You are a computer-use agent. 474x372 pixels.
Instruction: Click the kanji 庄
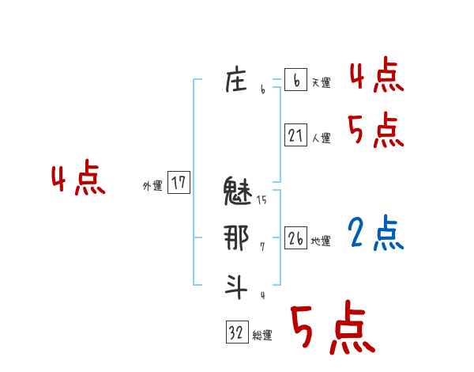(236, 81)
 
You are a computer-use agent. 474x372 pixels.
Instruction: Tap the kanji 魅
(238, 192)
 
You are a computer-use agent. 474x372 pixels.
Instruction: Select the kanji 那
(237, 237)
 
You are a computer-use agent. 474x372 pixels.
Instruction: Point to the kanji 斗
(236, 285)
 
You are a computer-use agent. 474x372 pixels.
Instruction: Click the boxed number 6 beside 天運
(295, 80)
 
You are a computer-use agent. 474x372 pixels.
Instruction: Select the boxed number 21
(295, 135)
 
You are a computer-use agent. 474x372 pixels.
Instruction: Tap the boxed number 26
(295, 238)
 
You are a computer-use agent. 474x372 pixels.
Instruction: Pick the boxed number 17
(179, 184)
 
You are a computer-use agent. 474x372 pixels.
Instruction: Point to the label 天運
(321, 82)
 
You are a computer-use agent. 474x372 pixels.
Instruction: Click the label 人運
(321, 138)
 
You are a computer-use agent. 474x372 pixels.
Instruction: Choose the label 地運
(321, 241)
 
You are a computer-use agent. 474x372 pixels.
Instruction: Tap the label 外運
(152, 186)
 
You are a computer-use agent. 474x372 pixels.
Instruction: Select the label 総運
(262, 336)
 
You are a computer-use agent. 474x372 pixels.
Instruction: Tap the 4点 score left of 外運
(78, 180)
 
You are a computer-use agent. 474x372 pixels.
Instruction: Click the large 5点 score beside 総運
(332, 328)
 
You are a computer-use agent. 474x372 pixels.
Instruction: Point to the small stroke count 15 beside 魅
(261, 200)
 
